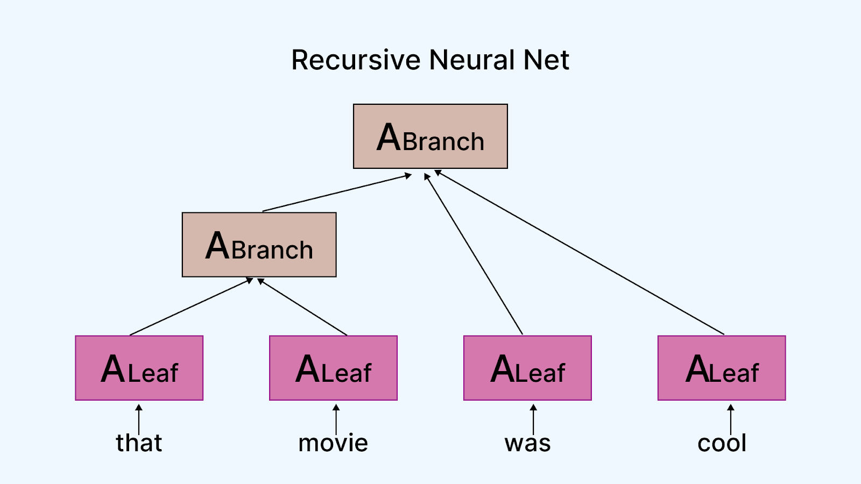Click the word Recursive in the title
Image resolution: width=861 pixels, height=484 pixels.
pos(356,60)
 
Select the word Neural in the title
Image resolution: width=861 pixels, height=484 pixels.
pos(472,60)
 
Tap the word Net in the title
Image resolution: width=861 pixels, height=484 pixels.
pos(546,60)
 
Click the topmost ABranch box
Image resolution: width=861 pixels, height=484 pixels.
pos(430,137)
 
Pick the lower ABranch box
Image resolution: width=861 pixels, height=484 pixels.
pos(259,245)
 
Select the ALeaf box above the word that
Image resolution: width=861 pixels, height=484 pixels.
pos(139,368)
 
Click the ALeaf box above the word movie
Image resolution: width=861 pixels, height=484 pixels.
pos(333,368)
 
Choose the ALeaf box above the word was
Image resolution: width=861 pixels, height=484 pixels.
pos(527,368)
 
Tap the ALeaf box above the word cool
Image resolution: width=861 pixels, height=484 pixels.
pos(722,368)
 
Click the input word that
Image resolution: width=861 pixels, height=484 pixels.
pos(139,443)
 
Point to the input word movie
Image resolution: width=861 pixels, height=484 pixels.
pos(333,443)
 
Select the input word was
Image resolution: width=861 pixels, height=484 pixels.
pos(527,443)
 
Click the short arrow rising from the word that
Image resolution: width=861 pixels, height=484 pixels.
pos(139,419)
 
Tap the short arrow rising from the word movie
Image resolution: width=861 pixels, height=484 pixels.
pos(336,419)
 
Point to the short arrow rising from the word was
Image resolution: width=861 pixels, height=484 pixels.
pos(533,419)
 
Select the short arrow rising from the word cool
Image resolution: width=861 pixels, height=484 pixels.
pos(731,419)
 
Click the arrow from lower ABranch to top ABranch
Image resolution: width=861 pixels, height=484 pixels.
pos(337,193)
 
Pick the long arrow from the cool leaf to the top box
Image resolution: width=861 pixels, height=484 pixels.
pos(579,252)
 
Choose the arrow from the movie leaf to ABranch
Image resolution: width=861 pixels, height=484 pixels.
pos(302,307)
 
